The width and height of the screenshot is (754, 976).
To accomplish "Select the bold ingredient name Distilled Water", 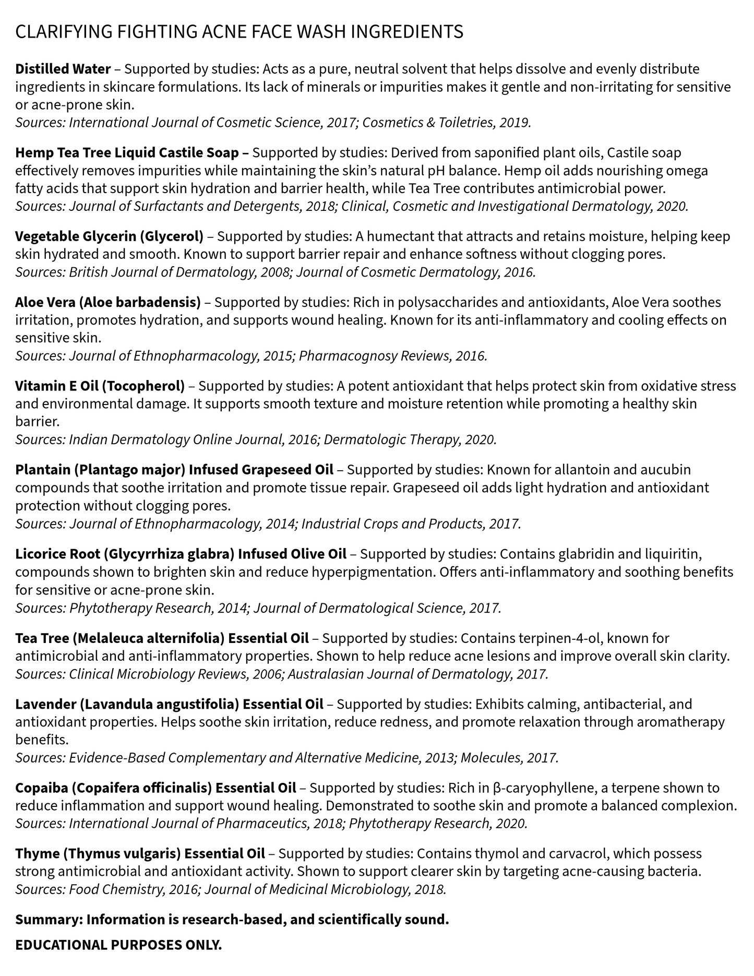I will pyautogui.click(x=63, y=69).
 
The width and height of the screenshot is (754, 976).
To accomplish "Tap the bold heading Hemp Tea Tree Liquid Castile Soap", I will pyautogui.click(x=132, y=153).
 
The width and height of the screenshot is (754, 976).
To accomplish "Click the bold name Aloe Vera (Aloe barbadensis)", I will pyautogui.click(x=107, y=302).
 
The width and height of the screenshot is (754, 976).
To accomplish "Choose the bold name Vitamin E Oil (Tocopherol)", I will pyautogui.click(x=100, y=386).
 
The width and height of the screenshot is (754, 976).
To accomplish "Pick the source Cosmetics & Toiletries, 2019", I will pyautogui.click(x=446, y=123).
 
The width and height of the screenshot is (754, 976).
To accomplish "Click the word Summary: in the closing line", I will pyautogui.click(x=49, y=920).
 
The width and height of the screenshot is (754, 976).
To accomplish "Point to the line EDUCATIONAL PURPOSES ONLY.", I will pyautogui.click(x=118, y=945).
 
